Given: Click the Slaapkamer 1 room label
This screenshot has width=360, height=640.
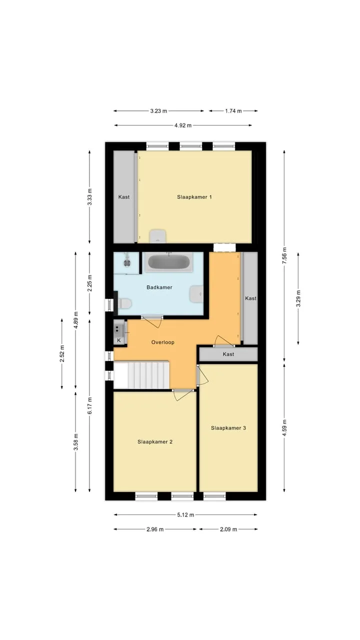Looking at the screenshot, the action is point(194,197).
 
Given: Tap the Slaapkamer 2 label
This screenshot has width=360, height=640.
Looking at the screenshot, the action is point(155,441).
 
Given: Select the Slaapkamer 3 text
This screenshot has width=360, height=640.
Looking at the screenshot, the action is point(228,427).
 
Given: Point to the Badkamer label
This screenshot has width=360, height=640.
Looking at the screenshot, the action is point(159,287).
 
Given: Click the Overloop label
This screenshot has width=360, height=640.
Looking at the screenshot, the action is point(163,342).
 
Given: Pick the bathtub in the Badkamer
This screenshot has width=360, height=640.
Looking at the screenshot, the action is point(168,261).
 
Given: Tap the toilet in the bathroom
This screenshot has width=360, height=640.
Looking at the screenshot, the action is point(124,303).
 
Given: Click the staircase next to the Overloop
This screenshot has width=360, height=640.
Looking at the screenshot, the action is point(141,375).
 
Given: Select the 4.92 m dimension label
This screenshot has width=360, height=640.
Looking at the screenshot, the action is point(183,125).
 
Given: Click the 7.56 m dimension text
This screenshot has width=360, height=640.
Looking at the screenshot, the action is point(284,256).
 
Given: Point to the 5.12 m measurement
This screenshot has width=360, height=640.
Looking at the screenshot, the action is point(185,515).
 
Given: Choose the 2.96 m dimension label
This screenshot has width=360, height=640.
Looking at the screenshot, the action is point(155,529).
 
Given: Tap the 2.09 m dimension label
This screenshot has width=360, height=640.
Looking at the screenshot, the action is point(228,529).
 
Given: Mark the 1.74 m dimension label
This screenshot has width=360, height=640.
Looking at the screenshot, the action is point(233,111).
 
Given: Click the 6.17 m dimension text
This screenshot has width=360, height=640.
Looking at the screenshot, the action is point(89,405).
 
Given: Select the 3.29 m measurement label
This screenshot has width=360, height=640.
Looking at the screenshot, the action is point(298,298).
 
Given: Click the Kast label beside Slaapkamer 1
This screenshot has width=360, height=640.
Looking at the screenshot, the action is point(124,197).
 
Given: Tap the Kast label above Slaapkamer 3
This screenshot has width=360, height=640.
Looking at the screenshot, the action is point(228,354).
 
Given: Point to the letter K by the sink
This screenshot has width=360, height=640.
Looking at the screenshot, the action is point(119,340).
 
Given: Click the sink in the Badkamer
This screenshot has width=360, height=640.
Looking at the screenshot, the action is point(196,293).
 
